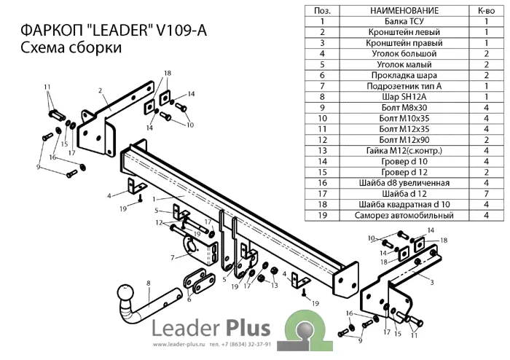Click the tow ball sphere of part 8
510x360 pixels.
127,293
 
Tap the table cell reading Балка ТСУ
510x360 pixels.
404,21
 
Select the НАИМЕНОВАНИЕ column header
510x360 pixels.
404,11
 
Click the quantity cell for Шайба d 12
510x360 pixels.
486,194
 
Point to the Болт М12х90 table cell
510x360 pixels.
404,140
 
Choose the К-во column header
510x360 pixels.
486,11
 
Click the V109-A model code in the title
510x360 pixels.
181,31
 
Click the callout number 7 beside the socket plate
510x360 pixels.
173,258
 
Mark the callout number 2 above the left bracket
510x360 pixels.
101,90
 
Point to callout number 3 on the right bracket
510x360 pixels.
432,282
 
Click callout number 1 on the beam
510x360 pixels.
154,199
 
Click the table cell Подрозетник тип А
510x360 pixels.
404,86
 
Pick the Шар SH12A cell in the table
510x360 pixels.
404,97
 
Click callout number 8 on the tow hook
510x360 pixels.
149,283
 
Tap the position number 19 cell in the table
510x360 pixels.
322,215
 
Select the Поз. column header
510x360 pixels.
322,11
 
